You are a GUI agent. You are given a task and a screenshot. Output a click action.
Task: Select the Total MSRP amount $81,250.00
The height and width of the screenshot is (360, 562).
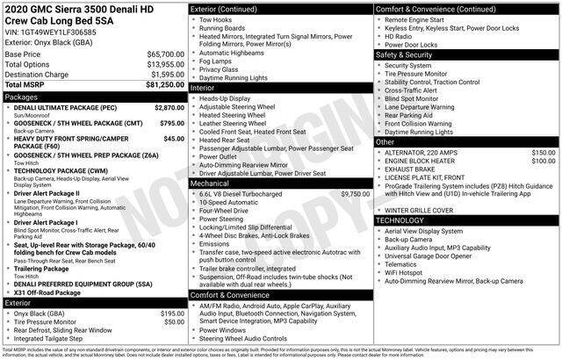160,84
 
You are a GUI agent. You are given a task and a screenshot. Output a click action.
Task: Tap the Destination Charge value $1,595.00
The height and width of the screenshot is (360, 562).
162,74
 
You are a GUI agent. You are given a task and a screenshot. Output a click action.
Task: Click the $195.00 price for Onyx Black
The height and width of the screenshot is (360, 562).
172,313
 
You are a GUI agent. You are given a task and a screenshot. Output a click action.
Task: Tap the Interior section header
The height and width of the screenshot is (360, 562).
204,88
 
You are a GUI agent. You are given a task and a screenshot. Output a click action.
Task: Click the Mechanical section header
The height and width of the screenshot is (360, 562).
211,184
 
